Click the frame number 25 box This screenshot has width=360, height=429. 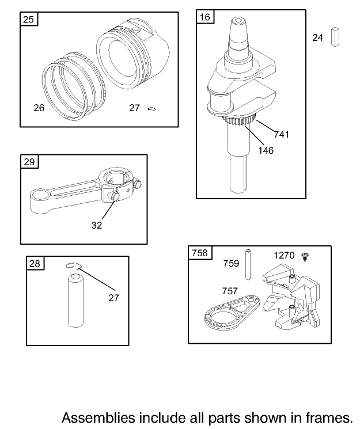tap(29, 19)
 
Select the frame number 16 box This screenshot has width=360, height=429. tap(205, 17)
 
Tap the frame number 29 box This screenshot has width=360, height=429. tap(29, 162)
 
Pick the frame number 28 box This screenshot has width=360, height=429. tap(35, 263)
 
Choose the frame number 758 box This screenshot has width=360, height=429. tap(200, 253)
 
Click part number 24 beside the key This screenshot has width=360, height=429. tap(317, 37)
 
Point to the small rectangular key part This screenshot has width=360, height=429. tap(335, 37)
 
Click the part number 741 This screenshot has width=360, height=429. tap(282, 134)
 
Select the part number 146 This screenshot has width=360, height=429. tap(266, 150)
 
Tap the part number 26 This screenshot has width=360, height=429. tap(39, 108)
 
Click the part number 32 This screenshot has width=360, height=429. tap(97, 225)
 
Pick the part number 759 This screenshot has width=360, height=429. tap(231, 263)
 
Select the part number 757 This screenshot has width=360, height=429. tap(230, 291)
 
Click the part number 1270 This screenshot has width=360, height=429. tap(284, 255)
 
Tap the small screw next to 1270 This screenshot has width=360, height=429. tap(305, 257)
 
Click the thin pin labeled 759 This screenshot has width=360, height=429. tap(248, 264)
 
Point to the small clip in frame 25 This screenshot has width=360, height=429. tap(151, 109)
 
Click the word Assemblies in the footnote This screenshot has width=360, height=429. tap(98, 418)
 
